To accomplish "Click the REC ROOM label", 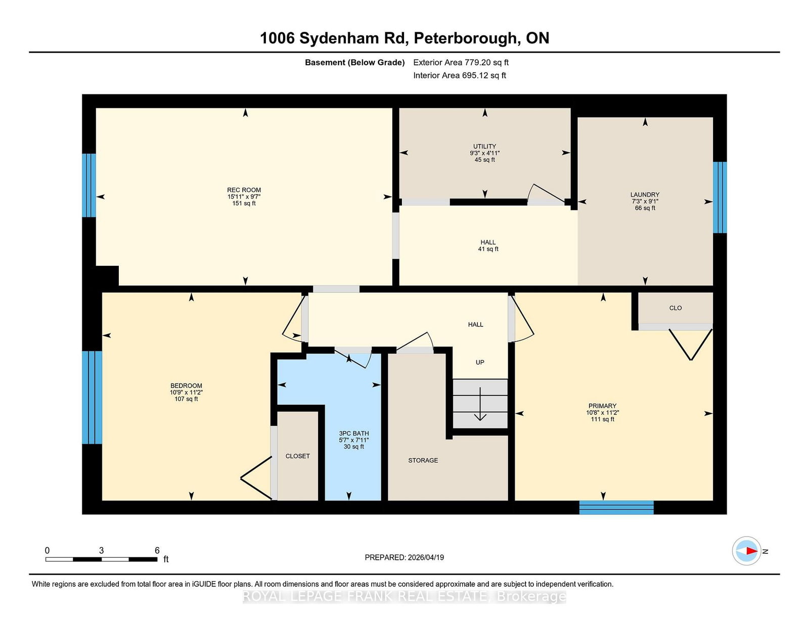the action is pos(244,190).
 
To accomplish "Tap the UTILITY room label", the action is pos(484,146).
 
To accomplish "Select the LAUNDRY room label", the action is pos(645,195).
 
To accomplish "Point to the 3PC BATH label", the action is pos(353,434).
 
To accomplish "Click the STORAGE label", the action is pos(423,461).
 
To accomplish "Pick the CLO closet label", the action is pos(676,308).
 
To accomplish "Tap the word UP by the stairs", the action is pos(480,362).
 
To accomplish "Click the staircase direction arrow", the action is pos(480,404).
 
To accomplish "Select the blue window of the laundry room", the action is pos(720,197).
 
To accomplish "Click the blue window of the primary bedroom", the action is pos(616,507).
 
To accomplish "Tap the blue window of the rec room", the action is pos(89,185).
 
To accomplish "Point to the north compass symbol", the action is pos(747,551).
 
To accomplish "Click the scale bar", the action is pos(101,559).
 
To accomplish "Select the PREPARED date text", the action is pos(404,558).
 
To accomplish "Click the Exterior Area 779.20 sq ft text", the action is pos(461,63).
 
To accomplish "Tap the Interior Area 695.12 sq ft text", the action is pos(460,75).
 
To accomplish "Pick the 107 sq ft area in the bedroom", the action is pos(186,399).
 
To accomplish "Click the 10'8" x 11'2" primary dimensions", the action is pos(602,413).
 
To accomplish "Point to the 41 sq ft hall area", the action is pos(488,249).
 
